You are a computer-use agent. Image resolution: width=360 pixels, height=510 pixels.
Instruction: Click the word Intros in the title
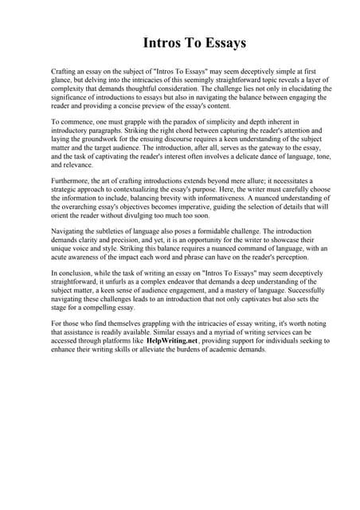pyautogui.click(x=162, y=42)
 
